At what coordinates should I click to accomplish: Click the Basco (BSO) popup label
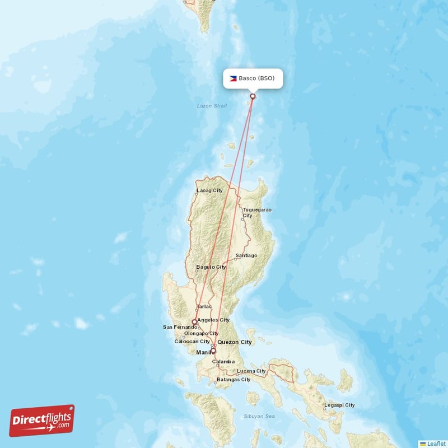tap(253, 78)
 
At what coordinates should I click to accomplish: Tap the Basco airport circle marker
tap(253, 96)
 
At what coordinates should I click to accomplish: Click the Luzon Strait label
tap(212, 105)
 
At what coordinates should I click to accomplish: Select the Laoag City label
tap(209, 190)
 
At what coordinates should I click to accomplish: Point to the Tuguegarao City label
tap(257, 212)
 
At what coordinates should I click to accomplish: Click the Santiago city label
tap(246, 255)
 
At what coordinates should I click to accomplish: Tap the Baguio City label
tap(210, 267)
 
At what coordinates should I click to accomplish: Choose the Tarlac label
tap(204, 306)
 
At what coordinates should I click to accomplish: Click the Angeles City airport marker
tap(194, 322)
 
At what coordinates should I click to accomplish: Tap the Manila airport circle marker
tap(213, 351)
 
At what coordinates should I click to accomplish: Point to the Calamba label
tap(224, 362)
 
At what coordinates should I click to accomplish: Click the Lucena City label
tap(251, 371)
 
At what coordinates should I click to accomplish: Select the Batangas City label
tap(234, 380)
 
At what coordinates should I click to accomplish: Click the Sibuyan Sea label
tap(259, 417)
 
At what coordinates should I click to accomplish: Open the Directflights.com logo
tap(42, 421)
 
